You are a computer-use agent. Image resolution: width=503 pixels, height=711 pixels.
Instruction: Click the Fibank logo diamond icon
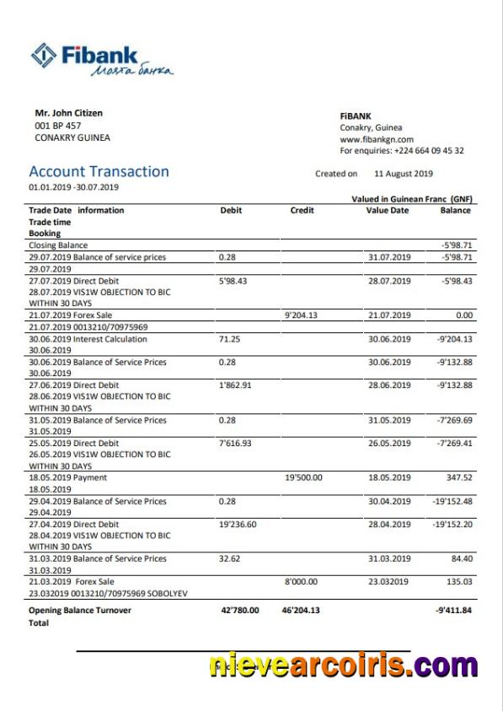(x=44, y=56)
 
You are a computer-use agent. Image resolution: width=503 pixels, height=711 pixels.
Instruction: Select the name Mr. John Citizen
(x=69, y=113)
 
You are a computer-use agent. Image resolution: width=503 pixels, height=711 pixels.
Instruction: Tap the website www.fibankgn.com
(x=377, y=139)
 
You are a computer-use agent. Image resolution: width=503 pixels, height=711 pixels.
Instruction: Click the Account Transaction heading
(x=99, y=172)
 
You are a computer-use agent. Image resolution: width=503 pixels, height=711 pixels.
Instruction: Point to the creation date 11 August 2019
(x=403, y=174)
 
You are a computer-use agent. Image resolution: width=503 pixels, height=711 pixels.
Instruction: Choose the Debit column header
(x=231, y=210)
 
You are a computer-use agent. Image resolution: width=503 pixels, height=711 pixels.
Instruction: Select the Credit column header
(x=302, y=210)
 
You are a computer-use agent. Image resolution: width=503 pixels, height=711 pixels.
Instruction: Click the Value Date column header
(x=387, y=210)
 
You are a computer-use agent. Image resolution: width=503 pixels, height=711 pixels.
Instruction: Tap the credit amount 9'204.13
(x=301, y=315)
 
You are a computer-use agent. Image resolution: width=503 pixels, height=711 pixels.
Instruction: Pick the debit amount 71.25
(x=229, y=339)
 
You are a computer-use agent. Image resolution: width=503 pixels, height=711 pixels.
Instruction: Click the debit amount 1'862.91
(x=236, y=385)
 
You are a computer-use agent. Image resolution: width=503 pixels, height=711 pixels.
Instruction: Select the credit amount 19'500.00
(x=303, y=477)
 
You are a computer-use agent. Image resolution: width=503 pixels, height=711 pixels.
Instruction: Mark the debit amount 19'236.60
(x=238, y=524)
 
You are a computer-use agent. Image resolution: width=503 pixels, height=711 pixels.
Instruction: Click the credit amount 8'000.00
(x=302, y=581)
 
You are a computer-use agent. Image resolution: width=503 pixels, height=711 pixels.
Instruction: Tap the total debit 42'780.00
(x=239, y=611)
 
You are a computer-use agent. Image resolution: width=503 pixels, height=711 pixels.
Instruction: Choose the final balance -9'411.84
(x=453, y=611)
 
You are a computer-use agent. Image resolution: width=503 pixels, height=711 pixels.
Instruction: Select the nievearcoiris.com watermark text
(x=343, y=666)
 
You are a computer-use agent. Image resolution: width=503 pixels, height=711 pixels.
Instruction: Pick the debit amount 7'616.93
(x=236, y=443)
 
